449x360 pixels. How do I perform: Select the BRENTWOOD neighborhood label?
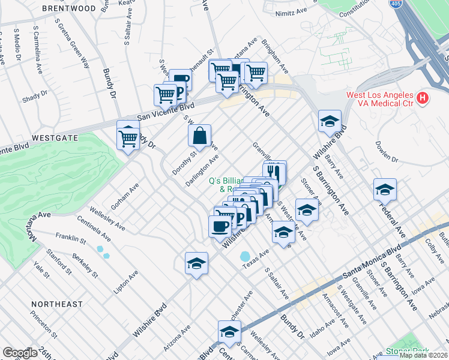(69, 9)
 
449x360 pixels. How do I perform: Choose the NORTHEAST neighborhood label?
(58, 304)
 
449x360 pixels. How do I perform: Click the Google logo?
(20, 353)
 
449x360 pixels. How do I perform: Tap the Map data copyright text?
(423, 355)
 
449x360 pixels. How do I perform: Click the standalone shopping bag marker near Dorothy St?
(199, 136)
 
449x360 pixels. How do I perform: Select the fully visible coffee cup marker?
(219, 227)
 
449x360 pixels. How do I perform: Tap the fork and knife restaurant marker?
(274, 170)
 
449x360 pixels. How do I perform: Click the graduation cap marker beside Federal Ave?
(385, 190)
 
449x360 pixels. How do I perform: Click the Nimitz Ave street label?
(291, 13)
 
